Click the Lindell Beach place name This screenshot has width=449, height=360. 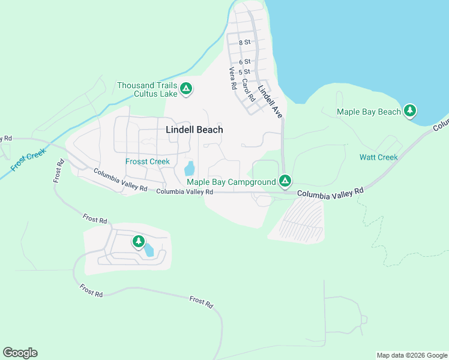[194, 130]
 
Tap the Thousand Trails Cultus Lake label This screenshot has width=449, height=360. [147, 89]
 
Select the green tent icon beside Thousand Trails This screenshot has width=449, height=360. [186, 89]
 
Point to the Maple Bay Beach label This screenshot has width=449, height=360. [369, 112]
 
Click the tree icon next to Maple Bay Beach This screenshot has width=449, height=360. [410, 110]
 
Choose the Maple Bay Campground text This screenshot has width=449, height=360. [231, 182]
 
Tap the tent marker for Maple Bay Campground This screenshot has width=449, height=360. [285, 181]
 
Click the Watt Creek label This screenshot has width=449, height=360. [378, 157]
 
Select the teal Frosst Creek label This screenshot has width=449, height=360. [148, 161]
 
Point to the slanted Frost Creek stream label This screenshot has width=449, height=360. [28, 161]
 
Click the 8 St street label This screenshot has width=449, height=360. [244, 43]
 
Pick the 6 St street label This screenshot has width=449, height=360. [244, 62]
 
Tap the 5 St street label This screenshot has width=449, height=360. [244, 71]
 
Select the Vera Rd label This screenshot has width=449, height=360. [232, 78]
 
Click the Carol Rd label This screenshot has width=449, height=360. [247, 89]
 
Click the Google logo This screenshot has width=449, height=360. [20, 353]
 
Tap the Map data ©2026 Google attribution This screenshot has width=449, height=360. [412, 355]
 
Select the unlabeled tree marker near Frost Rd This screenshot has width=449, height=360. [139, 241]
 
